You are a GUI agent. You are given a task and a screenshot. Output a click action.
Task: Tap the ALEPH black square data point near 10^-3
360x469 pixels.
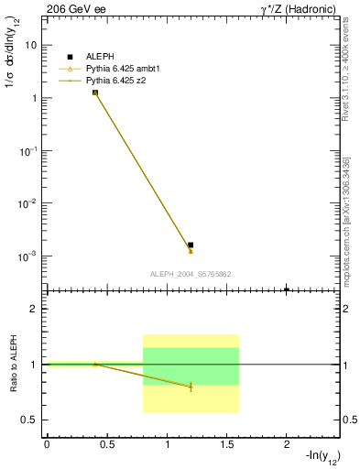tap(191, 245)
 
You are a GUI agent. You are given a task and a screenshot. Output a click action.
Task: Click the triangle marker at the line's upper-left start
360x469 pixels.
tap(95, 93)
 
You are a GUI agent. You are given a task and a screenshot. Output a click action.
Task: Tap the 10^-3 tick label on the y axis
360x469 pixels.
tap(27, 256)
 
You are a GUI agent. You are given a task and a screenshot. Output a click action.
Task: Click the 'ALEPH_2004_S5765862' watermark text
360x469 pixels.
tap(191, 274)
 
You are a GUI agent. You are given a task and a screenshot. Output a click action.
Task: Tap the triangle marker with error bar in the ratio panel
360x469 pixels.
tap(191, 387)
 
